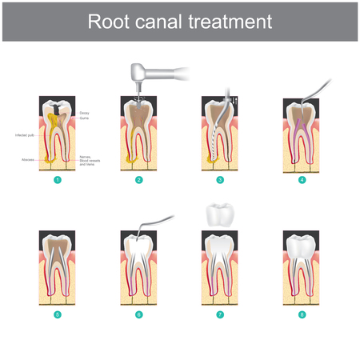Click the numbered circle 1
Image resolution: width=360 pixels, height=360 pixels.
pyautogui.click(x=58, y=180)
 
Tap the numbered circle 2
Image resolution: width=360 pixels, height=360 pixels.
pyautogui.click(x=139, y=180)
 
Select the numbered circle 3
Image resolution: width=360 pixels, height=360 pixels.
pyautogui.click(x=219, y=180)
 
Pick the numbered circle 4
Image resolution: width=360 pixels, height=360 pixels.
pyautogui.click(x=302, y=180)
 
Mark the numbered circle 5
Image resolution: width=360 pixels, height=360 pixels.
pyautogui.click(x=58, y=315)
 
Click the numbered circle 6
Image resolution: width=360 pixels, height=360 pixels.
pyautogui.click(x=139, y=315)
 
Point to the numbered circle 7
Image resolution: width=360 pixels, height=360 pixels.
pyautogui.click(x=219, y=315)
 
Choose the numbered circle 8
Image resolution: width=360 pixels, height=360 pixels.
pyautogui.click(x=302, y=315)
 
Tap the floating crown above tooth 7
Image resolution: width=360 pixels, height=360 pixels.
pyautogui.click(x=219, y=214)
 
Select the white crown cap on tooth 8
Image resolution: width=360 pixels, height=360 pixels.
pyautogui.click(x=302, y=246)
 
